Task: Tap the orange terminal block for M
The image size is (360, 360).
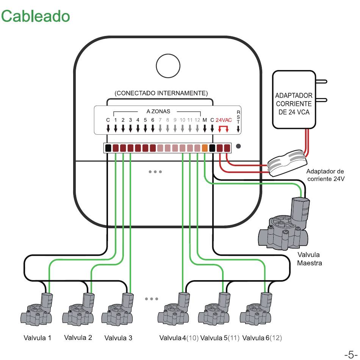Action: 205,148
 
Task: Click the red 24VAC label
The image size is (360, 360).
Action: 224,120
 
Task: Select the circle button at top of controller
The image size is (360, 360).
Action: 168,66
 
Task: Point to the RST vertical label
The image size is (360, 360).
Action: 238,117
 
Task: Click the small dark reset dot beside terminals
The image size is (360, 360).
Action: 238,146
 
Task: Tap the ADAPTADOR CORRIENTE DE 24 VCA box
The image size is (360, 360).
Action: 294,100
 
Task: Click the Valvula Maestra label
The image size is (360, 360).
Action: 309,259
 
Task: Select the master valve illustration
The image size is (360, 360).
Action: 284,224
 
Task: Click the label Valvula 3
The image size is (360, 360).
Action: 118,338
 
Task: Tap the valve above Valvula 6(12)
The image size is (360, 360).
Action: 256,309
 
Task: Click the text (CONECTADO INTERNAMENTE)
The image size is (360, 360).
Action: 161,93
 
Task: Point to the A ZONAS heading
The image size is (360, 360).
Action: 158,111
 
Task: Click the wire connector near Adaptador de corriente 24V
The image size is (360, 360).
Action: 287,163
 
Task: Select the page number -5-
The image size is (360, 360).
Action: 351,354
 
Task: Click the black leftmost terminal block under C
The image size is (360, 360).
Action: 108,148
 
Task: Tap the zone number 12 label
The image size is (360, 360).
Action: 197,120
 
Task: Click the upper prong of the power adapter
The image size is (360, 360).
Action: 321,81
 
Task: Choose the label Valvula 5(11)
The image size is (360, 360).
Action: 220,338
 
